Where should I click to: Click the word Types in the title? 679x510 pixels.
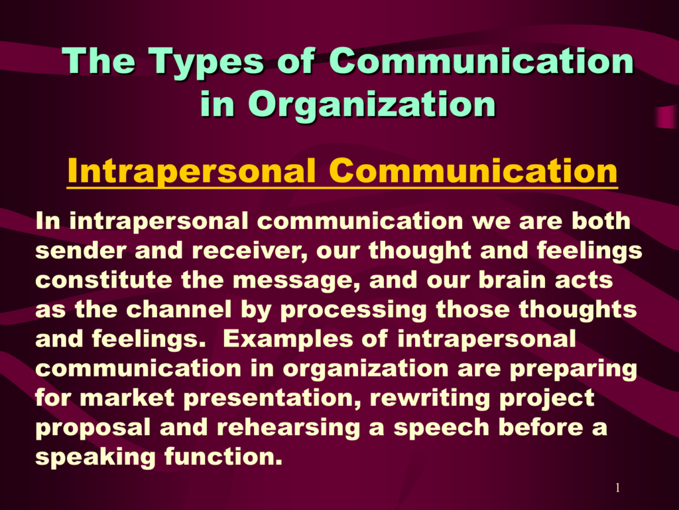pyautogui.click(x=206, y=62)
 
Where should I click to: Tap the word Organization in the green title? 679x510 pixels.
pyautogui.click(x=371, y=105)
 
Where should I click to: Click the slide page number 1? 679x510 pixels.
pyautogui.click(x=617, y=488)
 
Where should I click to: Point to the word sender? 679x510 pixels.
pyautogui.click(x=80, y=250)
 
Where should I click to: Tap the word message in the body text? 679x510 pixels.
pyautogui.click(x=296, y=282)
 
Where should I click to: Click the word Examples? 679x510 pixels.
pyautogui.click(x=288, y=340)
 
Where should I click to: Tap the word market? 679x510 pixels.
pyautogui.click(x=127, y=398)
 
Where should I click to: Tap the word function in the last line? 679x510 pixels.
pyautogui.click(x=223, y=457)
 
